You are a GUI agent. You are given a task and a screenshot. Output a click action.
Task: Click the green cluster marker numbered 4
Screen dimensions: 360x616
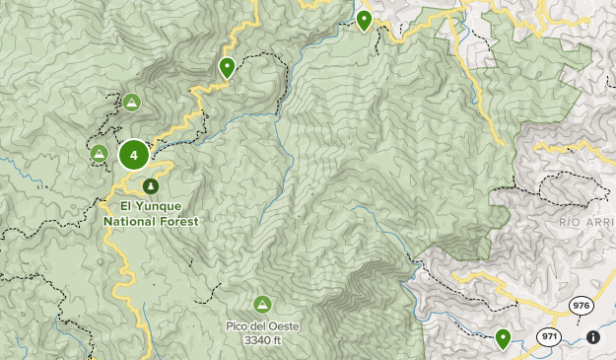[134, 155]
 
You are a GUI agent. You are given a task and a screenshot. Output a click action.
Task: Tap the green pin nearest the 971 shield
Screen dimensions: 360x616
[503, 338]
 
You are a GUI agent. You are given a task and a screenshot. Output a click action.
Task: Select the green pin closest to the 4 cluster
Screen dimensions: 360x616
[227, 67]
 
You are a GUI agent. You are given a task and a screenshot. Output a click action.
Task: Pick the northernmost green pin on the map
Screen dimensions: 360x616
[365, 19]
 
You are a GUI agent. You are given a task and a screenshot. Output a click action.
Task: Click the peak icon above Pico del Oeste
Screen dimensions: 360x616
[262, 304]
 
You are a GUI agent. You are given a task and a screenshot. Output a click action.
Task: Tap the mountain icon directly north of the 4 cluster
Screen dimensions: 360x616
[131, 102]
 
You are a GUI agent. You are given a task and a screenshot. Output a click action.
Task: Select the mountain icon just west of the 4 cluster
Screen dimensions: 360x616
[99, 153]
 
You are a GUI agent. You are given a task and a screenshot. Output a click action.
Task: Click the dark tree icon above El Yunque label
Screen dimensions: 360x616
[151, 185]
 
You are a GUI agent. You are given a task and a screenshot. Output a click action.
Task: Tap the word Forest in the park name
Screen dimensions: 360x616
[179, 222]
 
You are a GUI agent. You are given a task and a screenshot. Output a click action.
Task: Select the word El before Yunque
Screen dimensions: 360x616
[125, 207]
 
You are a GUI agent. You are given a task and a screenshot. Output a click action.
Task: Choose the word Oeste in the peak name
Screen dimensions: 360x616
[283, 325]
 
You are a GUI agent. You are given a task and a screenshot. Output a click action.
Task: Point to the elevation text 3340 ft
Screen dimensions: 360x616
[262, 340]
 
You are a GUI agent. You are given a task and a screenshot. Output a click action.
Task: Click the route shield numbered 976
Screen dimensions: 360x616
[582, 307]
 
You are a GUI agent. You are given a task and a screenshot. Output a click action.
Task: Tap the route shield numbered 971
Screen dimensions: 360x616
[548, 337]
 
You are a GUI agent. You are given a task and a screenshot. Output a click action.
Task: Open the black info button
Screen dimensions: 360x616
[592, 337]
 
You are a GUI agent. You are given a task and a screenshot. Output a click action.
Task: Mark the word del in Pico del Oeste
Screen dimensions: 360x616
[258, 325]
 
